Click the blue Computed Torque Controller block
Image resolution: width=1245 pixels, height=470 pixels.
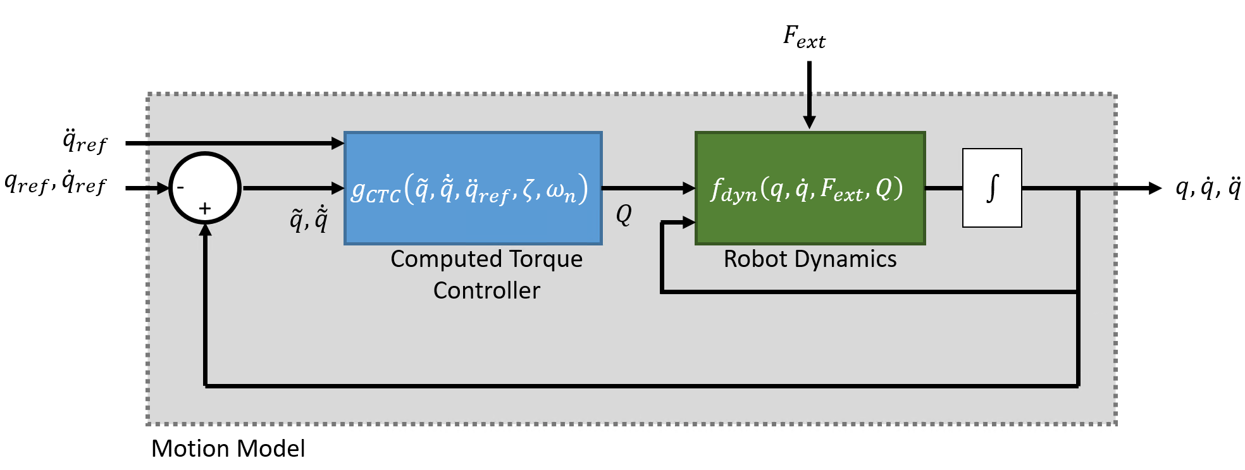tap(473, 188)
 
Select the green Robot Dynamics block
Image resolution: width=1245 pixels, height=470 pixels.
tap(810, 188)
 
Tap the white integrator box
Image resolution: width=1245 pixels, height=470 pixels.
tap(991, 188)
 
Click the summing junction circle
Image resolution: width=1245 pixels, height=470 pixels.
tap(204, 188)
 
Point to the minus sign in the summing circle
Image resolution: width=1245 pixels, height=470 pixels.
tap(181, 187)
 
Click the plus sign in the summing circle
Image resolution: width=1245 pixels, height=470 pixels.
tap(204, 209)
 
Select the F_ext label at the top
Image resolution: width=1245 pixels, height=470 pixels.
tap(804, 37)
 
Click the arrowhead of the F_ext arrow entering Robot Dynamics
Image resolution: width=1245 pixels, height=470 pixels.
tap(809, 123)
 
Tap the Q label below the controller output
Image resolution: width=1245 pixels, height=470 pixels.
tap(624, 215)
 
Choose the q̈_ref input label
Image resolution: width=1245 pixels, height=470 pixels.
tap(85, 141)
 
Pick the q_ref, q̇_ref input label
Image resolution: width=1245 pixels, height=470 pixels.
tap(56, 183)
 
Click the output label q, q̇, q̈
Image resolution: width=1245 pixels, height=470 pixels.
tap(1208, 187)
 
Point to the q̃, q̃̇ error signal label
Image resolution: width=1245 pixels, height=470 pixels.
tap(309, 219)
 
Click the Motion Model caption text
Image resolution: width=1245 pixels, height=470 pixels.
tap(228, 448)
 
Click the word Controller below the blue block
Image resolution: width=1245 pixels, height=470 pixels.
tap(486, 290)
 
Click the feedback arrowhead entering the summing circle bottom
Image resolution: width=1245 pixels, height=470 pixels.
tap(205, 230)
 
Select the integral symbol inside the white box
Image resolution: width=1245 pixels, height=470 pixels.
tap(992, 188)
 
